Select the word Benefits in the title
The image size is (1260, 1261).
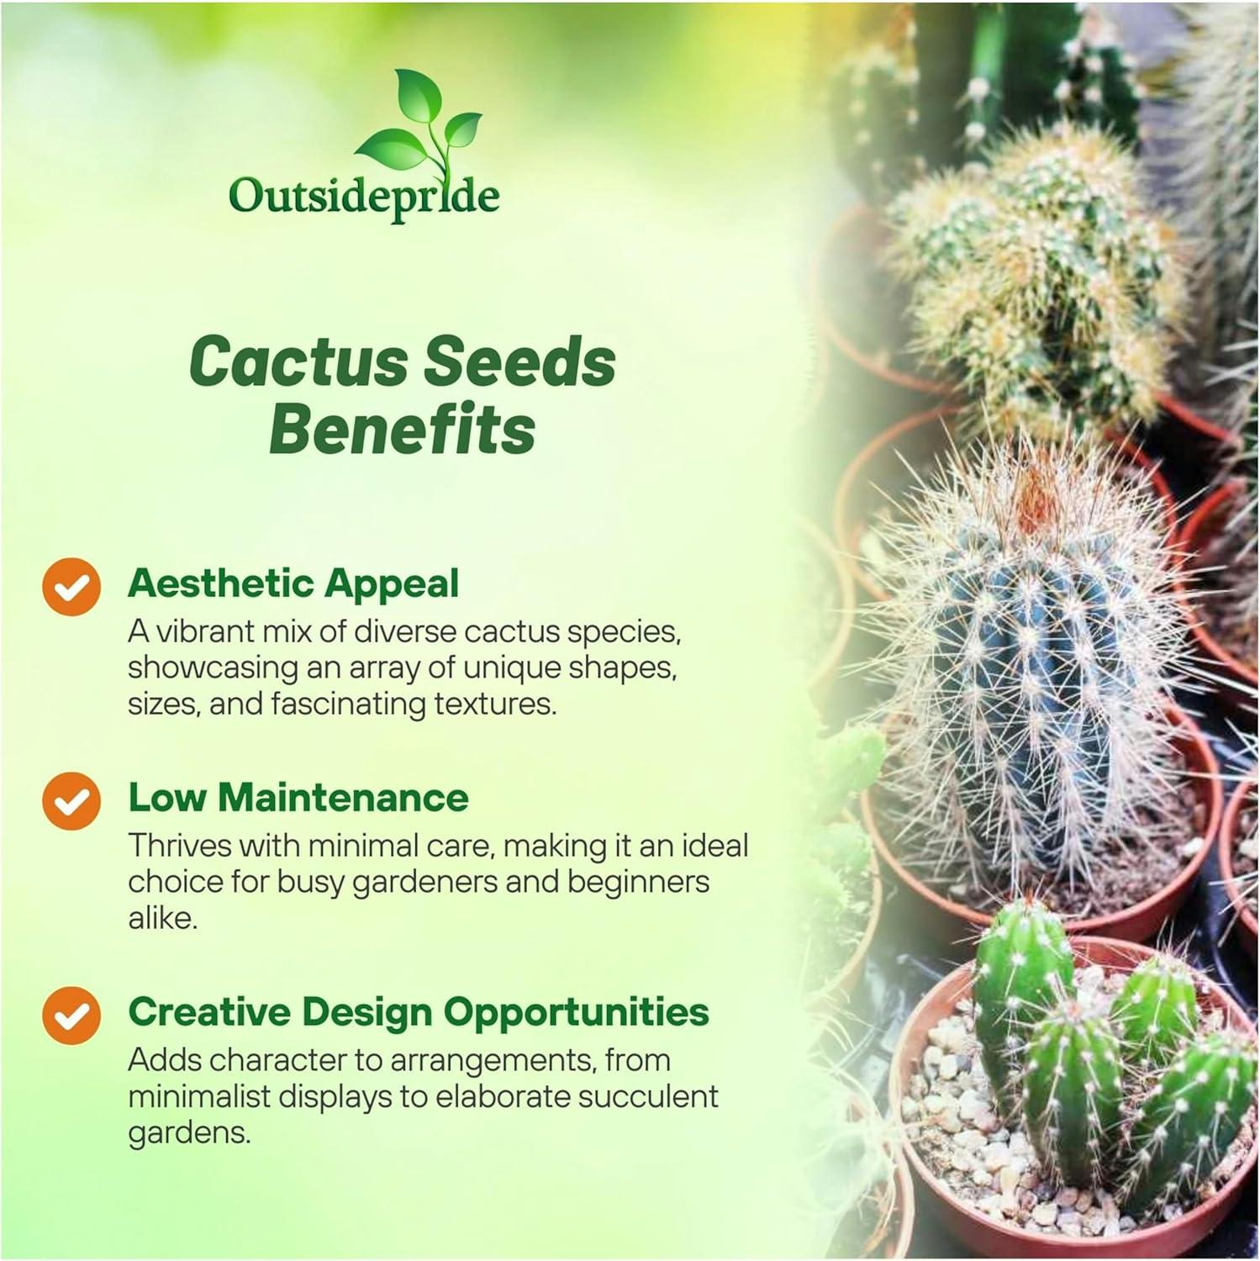pyautogui.click(x=402, y=429)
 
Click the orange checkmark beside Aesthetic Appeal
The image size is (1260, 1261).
pyautogui.click(x=71, y=586)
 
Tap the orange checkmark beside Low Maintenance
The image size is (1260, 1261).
pyautogui.click(x=71, y=800)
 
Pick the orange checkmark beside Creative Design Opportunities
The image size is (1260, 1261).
pyautogui.click(x=71, y=1015)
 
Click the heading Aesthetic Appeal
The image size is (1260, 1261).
pyautogui.click(x=293, y=583)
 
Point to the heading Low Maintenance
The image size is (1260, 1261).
pyautogui.click(x=298, y=797)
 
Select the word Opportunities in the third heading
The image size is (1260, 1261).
pyautogui.click(x=577, y=1011)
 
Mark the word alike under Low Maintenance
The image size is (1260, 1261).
pyautogui.click(x=162, y=918)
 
